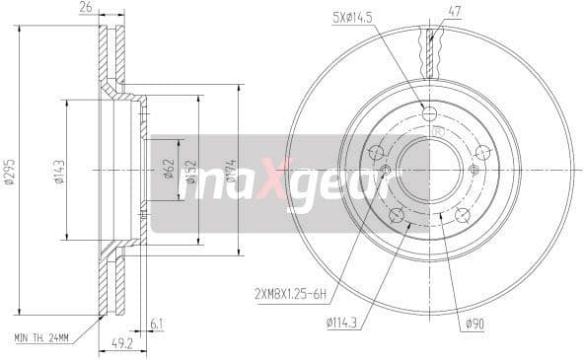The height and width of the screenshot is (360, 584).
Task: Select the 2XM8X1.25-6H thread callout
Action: tap(288, 290)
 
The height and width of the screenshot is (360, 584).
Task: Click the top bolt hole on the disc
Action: tap(429, 114)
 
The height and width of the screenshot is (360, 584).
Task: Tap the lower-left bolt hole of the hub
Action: tap(397, 215)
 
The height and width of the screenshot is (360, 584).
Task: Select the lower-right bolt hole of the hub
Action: tap(462, 215)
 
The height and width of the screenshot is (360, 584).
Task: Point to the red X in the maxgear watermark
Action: tap(268, 179)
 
